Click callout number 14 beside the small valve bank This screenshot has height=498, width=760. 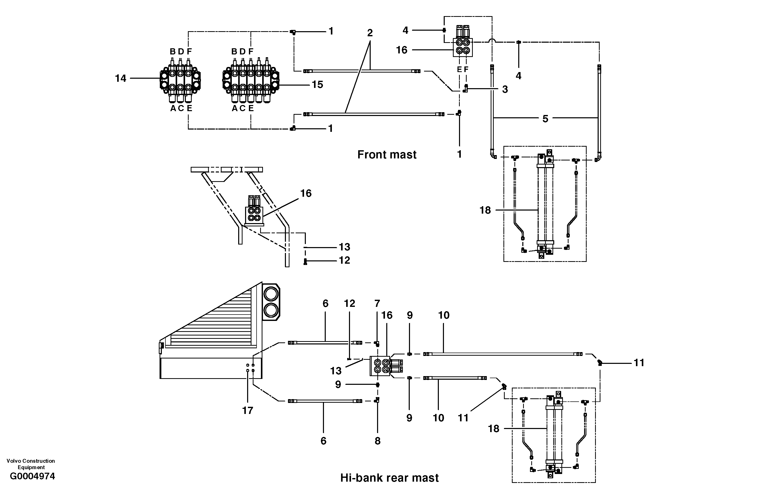(120, 78)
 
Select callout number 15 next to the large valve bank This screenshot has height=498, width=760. (317, 85)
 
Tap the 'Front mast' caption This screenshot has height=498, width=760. (387, 155)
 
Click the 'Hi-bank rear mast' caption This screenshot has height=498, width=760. (389, 478)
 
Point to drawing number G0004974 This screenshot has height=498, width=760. (33, 476)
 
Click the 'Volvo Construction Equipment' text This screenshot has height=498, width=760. (31, 464)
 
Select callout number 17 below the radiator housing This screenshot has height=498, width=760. (247, 410)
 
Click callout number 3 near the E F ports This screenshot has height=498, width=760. (505, 89)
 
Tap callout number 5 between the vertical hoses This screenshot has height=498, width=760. (545, 119)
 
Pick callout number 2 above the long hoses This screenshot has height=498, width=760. (370, 33)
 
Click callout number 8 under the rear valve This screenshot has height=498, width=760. (377, 441)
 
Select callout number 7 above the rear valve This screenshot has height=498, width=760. (377, 303)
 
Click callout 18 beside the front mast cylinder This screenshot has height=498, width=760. (485, 210)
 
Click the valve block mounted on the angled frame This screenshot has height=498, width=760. (254, 213)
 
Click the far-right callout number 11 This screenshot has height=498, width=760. (639, 363)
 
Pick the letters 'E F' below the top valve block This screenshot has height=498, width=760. (462, 69)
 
